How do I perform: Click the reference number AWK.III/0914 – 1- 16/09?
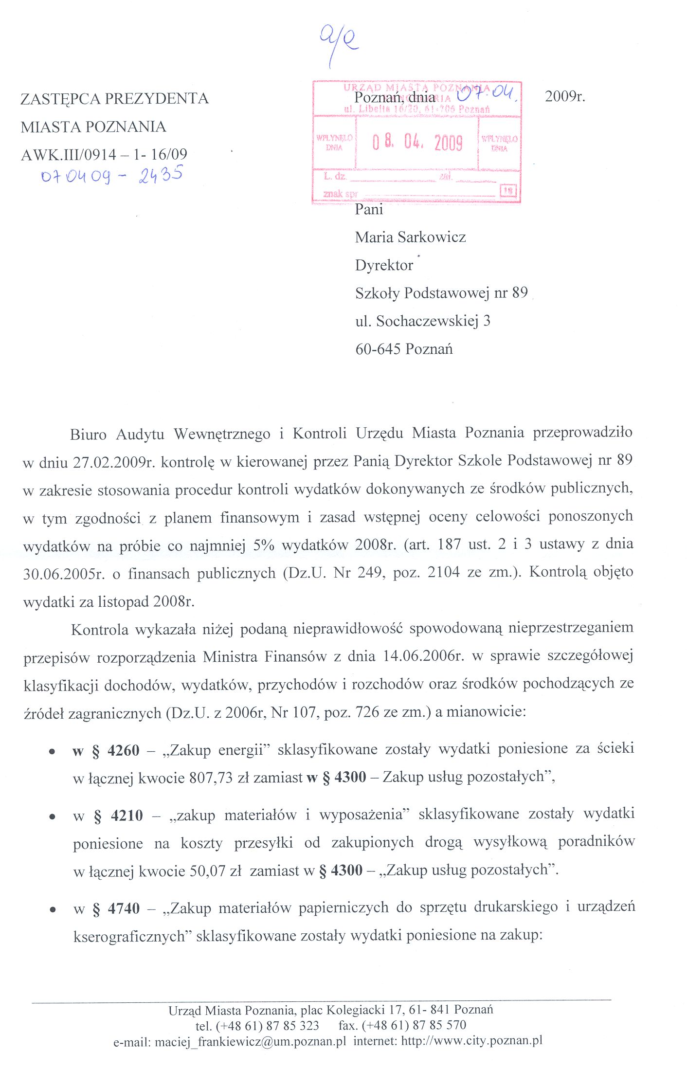tap(104, 155)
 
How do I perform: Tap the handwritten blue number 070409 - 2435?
tap(112, 175)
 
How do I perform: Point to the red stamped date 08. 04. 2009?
tap(417, 142)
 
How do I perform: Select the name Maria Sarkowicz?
tap(410, 237)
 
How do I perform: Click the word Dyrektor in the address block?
tap(384, 265)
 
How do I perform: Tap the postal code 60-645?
tap(378, 349)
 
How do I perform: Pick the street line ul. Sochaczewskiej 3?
tap(422, 321)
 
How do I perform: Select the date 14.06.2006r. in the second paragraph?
tap(423, 656)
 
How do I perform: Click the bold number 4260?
tap(124, 751)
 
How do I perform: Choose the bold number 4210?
tap(127, 816)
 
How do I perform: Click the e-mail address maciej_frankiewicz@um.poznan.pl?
tap(250, 1041)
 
